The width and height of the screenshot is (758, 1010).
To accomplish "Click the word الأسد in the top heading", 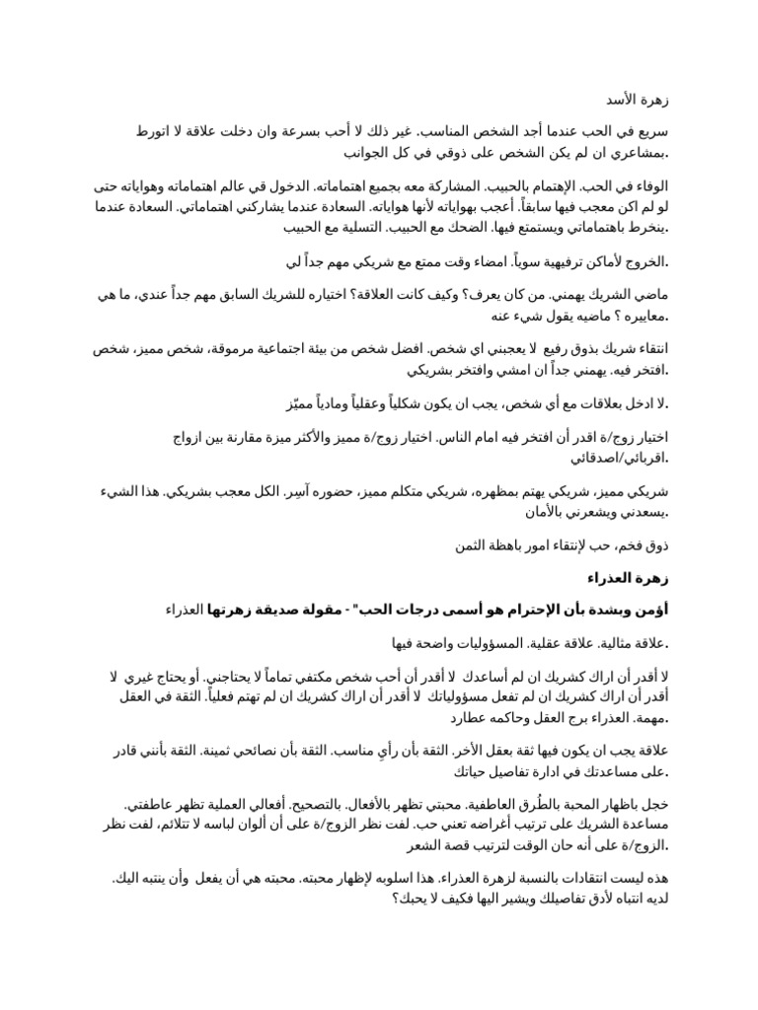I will tap(621, 101).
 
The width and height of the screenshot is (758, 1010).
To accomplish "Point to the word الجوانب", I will tap(366, 154).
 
